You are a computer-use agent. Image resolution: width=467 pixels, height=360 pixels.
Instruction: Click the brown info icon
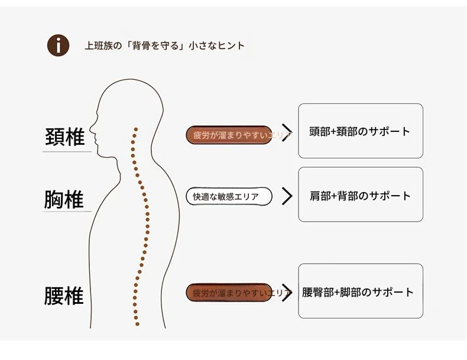tap(58, 46)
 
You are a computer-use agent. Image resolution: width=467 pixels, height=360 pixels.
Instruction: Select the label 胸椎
tap(64, 200)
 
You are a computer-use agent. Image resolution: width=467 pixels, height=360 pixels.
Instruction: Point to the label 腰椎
tap(64, 296)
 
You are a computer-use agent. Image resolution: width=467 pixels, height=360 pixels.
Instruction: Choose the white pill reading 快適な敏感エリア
tap(229, 196)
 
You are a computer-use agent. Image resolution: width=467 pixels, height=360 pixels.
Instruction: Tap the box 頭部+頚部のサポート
tap(360, 131)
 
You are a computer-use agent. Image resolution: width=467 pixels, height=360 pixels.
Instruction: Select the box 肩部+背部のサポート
tap(360, 195)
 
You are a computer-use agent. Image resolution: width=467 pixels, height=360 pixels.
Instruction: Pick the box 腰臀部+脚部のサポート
tap(360, 291)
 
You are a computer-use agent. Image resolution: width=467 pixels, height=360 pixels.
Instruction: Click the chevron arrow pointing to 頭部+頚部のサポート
tap(287, 132)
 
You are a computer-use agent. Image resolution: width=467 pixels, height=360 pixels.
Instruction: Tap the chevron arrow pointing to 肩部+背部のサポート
tap(287, 196)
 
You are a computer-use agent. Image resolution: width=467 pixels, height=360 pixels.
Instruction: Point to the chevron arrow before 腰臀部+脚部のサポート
tap(287, 292)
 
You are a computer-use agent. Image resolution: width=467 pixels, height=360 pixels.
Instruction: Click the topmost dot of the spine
tap(136, 128)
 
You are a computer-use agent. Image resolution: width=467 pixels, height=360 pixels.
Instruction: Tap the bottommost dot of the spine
tap(138, 324)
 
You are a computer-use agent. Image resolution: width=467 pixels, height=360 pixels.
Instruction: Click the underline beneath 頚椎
tap(66, 152)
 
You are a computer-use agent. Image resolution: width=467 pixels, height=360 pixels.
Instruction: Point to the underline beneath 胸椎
tap(66, 212)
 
